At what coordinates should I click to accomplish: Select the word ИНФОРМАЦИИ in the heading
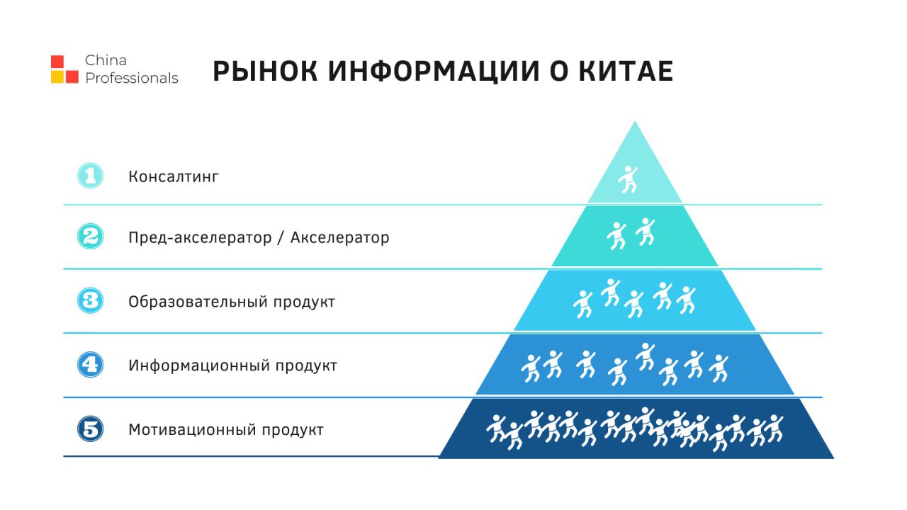(434, 72)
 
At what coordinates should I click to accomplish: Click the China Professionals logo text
(131, 69)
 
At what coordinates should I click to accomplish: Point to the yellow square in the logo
(57, 76)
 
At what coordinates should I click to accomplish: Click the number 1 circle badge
(90, 176)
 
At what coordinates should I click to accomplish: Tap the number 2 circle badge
(90, 236)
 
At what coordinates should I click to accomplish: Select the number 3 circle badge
(90, 300)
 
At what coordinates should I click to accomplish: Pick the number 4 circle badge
(90, 364)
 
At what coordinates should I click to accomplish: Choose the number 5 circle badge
(90, 429)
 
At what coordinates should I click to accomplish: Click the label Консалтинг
(174, 177)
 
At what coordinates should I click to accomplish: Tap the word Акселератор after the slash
(339, 237)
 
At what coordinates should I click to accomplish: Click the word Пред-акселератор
(200, 238)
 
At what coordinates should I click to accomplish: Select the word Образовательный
(198, 302)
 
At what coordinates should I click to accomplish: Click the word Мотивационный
(192, 429)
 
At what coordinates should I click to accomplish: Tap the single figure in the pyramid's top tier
(628, 179)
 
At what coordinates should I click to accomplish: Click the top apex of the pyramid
(635, 121)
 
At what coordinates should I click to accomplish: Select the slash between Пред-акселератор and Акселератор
(281, 238)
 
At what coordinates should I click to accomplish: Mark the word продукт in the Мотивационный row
(293, 430)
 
